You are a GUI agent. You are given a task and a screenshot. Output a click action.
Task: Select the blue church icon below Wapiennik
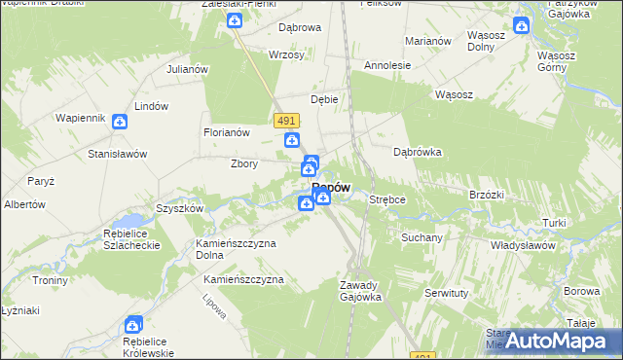[119, 122]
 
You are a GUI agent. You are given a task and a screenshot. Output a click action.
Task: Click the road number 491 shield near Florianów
[286, 119]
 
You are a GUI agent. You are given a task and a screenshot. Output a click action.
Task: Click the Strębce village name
[386, 199]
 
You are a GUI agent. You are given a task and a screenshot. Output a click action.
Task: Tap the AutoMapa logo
[563, 342]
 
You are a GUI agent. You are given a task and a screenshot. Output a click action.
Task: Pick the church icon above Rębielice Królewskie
[133, 325]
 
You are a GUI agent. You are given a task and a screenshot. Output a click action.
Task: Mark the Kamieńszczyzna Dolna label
[236, 249]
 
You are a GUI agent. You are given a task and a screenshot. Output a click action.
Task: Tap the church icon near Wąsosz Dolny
[521, 26]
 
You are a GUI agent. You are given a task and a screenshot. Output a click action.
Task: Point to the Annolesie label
[387, 65]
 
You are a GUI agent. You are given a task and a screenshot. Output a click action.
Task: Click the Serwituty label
[447, 292]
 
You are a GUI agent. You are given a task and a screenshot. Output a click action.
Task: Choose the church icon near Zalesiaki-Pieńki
[234, 19]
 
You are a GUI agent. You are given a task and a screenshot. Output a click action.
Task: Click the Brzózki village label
[486, 195]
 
